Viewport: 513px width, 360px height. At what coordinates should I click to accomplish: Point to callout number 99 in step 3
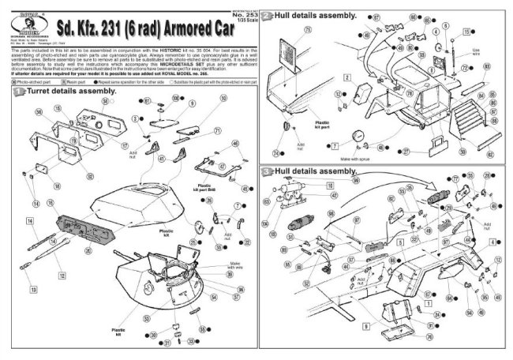tap(355, 181)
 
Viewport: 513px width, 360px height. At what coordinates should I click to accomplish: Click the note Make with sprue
tap(359, 156)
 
